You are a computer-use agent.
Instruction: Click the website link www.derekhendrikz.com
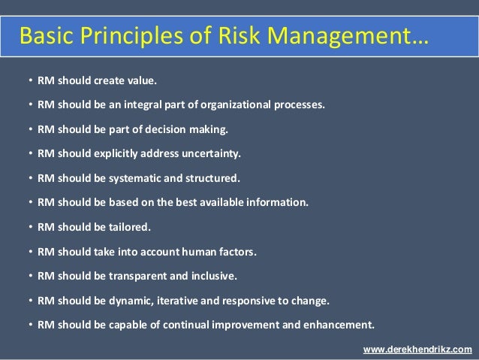(417, 349)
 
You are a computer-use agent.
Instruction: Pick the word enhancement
(340, 325)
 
